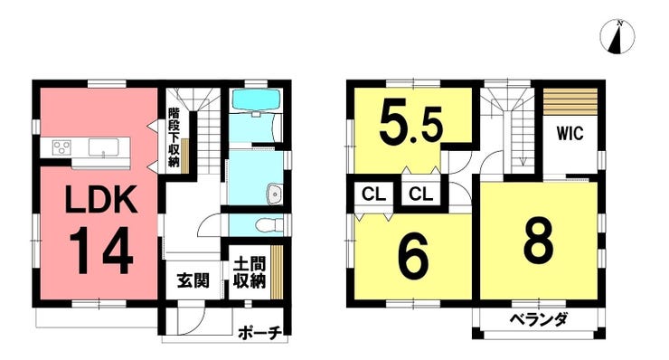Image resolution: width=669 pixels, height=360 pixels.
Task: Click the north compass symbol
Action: pyautogui.click(x=617, y=37)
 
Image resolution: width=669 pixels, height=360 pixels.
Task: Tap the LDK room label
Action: pyautogui.click(x=101, y=199)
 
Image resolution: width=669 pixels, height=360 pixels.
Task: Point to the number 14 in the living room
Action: pyautogui.click(x=101, y=251)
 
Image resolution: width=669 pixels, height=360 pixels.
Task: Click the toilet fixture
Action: pyautogui.click(x=271, y=224)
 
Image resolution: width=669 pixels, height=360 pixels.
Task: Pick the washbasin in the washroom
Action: pyautogui.click(x=274, y=194)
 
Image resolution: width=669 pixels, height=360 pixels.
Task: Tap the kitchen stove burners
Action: pyautogui.click(x=61, y=147)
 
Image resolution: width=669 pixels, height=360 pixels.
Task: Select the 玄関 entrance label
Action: pyautogui.click(x=193, y=280)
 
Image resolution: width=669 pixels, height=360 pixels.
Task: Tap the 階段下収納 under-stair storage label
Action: pyautogui.click(x=174, y=137)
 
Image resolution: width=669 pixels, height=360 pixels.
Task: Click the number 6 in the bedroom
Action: pyautogui.click(x=412, y=258)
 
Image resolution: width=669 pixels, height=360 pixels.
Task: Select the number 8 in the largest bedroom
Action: pyautogui.click(x=539, y=242)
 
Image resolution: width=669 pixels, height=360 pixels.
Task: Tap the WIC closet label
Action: pyautogui.click(x=570, y=133)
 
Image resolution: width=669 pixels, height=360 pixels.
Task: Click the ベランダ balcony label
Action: pyautogui.click(x=539, y=319)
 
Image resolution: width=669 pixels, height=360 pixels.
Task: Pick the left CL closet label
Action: pyautogui.click(x=373, y=194)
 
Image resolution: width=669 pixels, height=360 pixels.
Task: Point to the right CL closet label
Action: pyautogui.click(x=420, y=194)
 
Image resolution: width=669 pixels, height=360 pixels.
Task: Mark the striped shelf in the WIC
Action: pyautogui.click(x=570, y=101)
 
